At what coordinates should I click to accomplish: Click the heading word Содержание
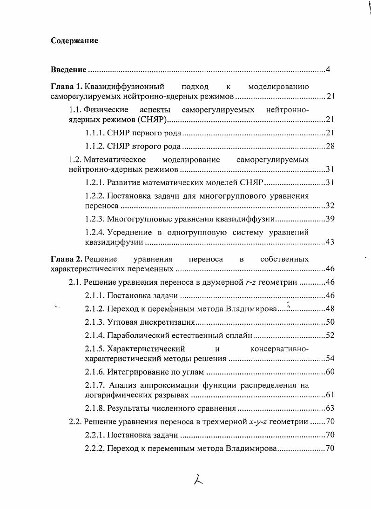(74, 41)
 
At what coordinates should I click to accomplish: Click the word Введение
(68, 70)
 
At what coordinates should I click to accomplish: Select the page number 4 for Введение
(328, 70)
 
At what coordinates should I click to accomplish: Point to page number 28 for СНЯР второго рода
(330, 146)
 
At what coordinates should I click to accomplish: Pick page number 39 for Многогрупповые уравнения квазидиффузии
(330, 219)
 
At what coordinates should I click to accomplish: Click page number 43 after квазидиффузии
(330, 242)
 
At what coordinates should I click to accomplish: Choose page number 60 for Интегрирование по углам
(330, 372)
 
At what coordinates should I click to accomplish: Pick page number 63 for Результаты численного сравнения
(330, 409)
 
